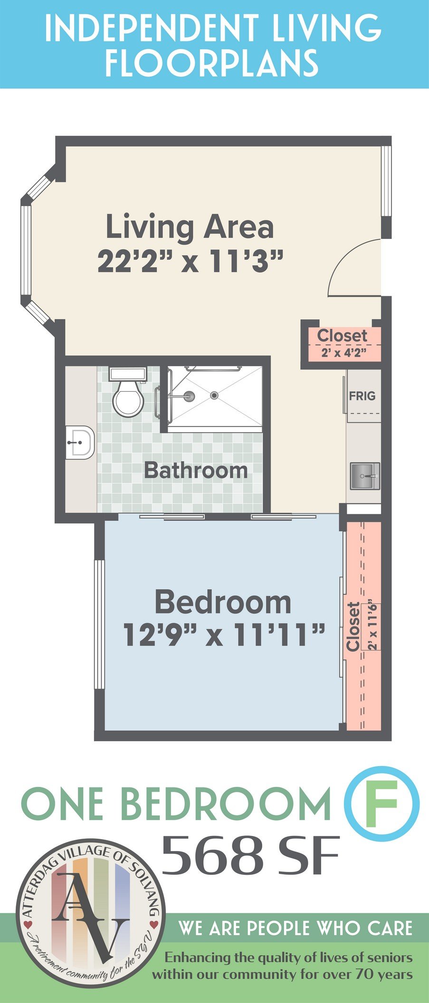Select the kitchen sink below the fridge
(365, 476)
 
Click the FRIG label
(362, 396)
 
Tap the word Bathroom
(196, 470)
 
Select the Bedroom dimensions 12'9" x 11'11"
(224, 635)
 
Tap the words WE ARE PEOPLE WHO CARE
(295, 928)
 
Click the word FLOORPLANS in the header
(211, 63)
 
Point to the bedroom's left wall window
(99, 624)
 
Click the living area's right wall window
(387, 181)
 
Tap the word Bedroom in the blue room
(223, 602)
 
